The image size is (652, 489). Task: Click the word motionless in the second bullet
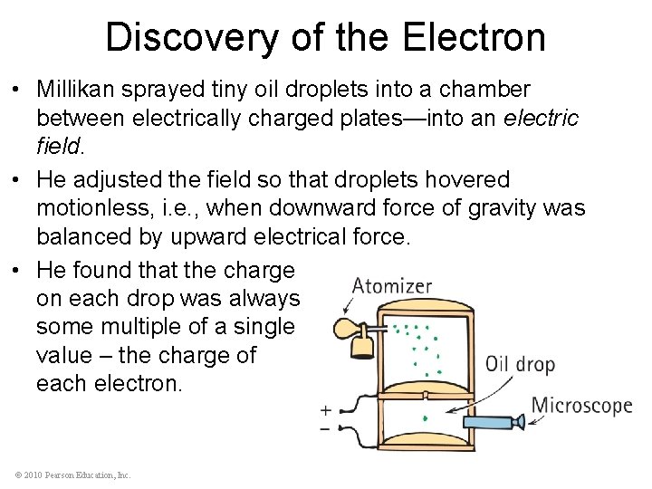92,208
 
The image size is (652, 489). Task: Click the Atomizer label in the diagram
392,286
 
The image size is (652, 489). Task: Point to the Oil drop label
520,365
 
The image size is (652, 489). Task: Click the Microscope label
581,405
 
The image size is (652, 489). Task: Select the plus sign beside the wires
325,410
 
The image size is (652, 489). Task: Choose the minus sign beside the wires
325,428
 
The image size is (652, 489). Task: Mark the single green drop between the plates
427,418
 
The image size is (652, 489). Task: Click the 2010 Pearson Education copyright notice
72,475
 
